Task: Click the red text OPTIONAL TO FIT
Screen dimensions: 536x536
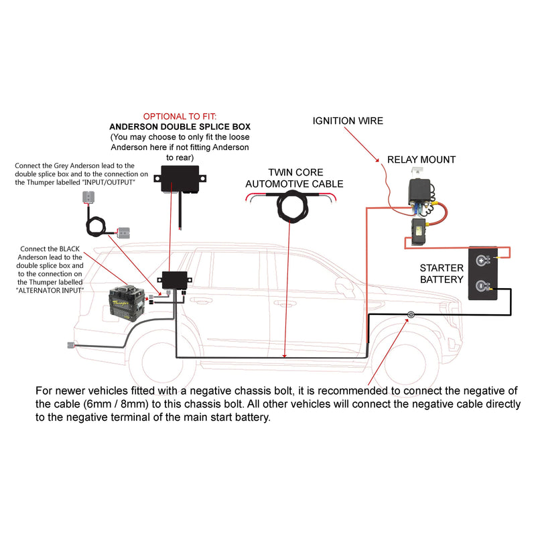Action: (x=180, y=115)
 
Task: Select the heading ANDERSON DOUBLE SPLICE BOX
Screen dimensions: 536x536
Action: (x=180, y=126)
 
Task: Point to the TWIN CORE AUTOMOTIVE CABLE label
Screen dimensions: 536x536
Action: (x=294, y=178)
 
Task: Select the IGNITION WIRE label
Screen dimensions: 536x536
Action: (x=348, y=121)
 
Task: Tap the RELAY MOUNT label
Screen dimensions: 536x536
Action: (x=421, y=159)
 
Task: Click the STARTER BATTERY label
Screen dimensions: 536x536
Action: (x=442, y=273)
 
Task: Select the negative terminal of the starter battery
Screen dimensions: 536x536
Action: (x=480, y=286)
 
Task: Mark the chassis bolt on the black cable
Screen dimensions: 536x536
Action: (x=409, y=316)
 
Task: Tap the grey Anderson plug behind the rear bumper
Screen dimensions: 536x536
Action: (x=71, y=346)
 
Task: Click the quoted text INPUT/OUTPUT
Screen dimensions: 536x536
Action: (x=107, y=182)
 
